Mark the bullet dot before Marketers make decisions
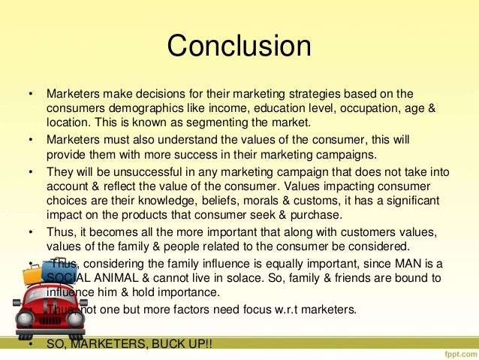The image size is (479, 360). point(31,95)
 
